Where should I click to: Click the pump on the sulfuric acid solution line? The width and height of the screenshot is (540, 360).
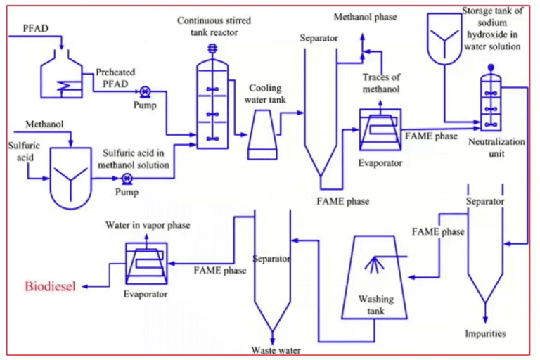(127, 179)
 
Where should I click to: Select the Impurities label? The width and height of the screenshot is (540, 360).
(484, 332)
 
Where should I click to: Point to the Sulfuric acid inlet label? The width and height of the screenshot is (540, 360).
(19, 153)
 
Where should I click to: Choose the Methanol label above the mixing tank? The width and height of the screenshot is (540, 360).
(45, 124)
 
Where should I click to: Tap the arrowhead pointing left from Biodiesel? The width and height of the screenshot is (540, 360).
(83, 285)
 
